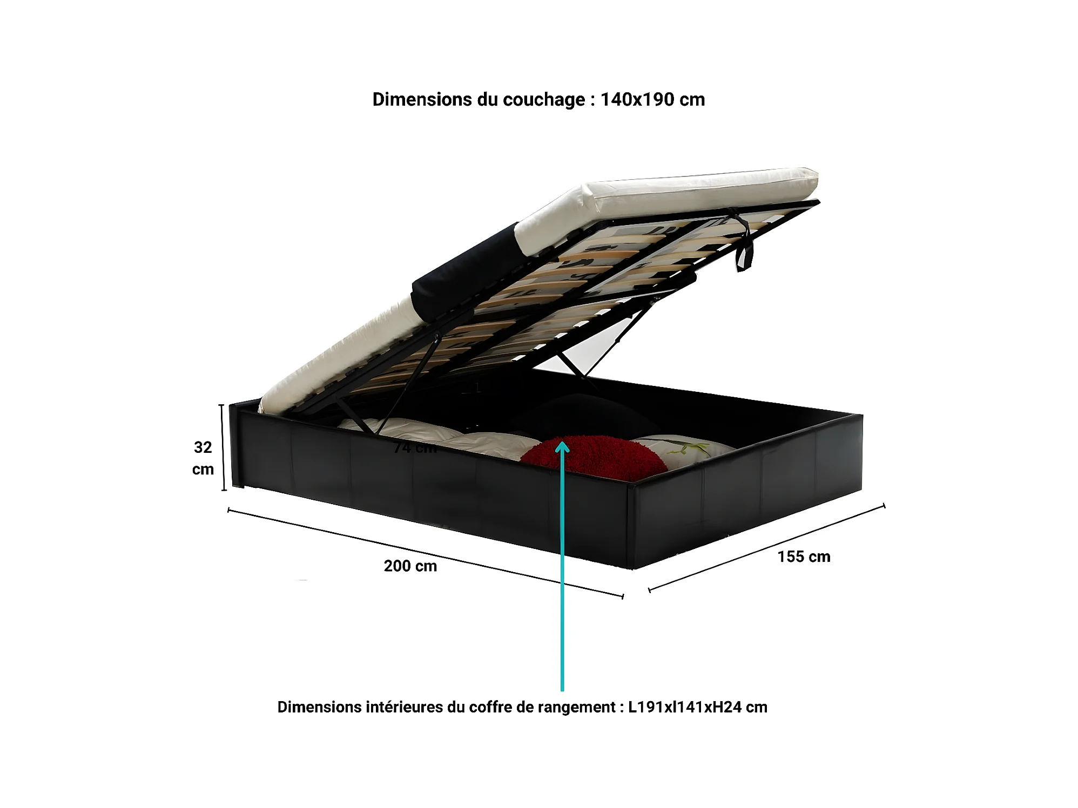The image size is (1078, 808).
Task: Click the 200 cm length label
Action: point(410,566)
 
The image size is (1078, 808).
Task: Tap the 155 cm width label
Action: point(804,556)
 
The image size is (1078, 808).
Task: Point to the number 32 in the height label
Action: point(203,447)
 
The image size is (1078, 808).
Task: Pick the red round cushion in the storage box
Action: point(594,457)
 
